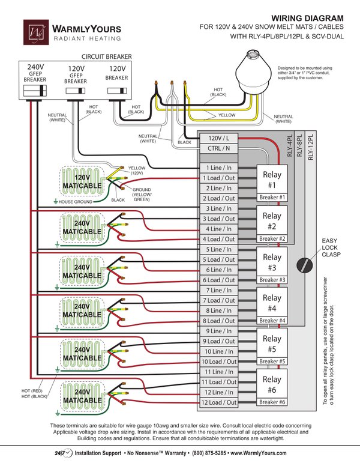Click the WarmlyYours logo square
[x=36, y=32]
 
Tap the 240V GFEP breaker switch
[x=35, y=91]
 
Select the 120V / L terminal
[x=218, y=138]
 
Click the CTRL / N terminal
[x=218, y=148]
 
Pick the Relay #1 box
[x=272, y=180]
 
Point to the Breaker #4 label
[x=272, y=321]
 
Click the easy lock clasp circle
[x=304, y=265]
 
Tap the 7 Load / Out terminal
[x=218, y=300]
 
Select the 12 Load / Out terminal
[x=218, y=402]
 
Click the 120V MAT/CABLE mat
[x=82, y=181]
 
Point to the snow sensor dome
[x=253, y=73]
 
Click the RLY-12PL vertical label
[x=311, y=147]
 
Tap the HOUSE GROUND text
[x=76, y=202]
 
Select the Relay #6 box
[x=272, y=384]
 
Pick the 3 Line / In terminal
[x=218, y=208]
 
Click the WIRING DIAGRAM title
[x=307, y=19]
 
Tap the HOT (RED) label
[x=32, y=391]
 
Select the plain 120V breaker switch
[x=117, y=91]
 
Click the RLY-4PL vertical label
[x=290, y=145]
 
